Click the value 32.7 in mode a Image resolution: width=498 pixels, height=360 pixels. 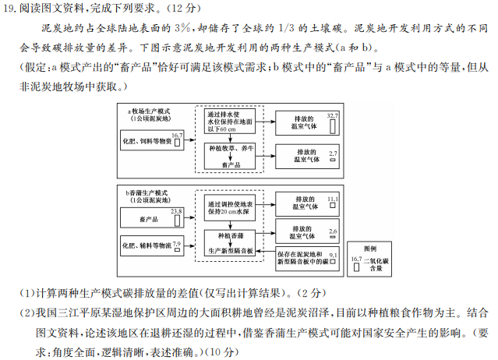point(333,115)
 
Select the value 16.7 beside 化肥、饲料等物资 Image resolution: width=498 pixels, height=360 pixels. point(176,136)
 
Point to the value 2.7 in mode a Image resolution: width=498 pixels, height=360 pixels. point(333,154)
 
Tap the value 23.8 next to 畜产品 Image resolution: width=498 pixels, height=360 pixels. point(176,211)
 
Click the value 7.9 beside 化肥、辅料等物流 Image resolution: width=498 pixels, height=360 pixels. point(176,244)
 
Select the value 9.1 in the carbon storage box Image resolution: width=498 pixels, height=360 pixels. point(333,254)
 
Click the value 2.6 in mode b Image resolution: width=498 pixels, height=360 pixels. point(333,231)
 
